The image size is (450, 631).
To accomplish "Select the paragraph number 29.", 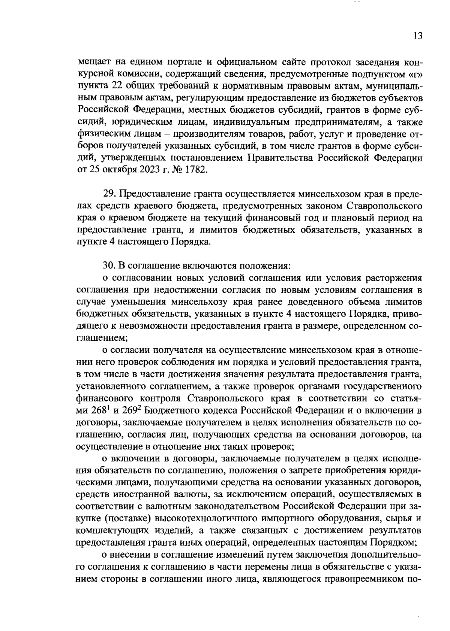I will click(108, 194).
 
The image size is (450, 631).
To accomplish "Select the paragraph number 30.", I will click(108, 266).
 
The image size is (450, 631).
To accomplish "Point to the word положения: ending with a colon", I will click(264, 266).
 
